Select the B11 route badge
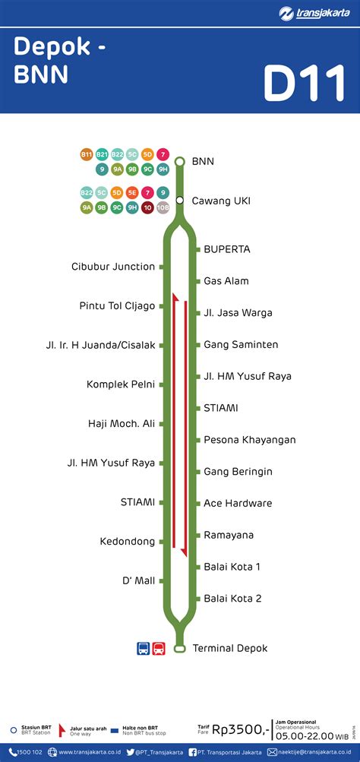87,155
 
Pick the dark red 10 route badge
147,207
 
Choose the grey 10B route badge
163,207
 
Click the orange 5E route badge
132,193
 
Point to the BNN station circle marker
180,161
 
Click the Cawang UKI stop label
221,201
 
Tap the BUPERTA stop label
226,249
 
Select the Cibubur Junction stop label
113,267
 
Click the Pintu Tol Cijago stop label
117,306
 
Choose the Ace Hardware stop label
238,503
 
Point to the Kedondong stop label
128,542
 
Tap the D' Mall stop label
138,581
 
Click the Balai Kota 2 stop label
232,599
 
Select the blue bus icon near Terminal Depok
143,649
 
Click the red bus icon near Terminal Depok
159,649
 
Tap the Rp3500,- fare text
242,730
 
